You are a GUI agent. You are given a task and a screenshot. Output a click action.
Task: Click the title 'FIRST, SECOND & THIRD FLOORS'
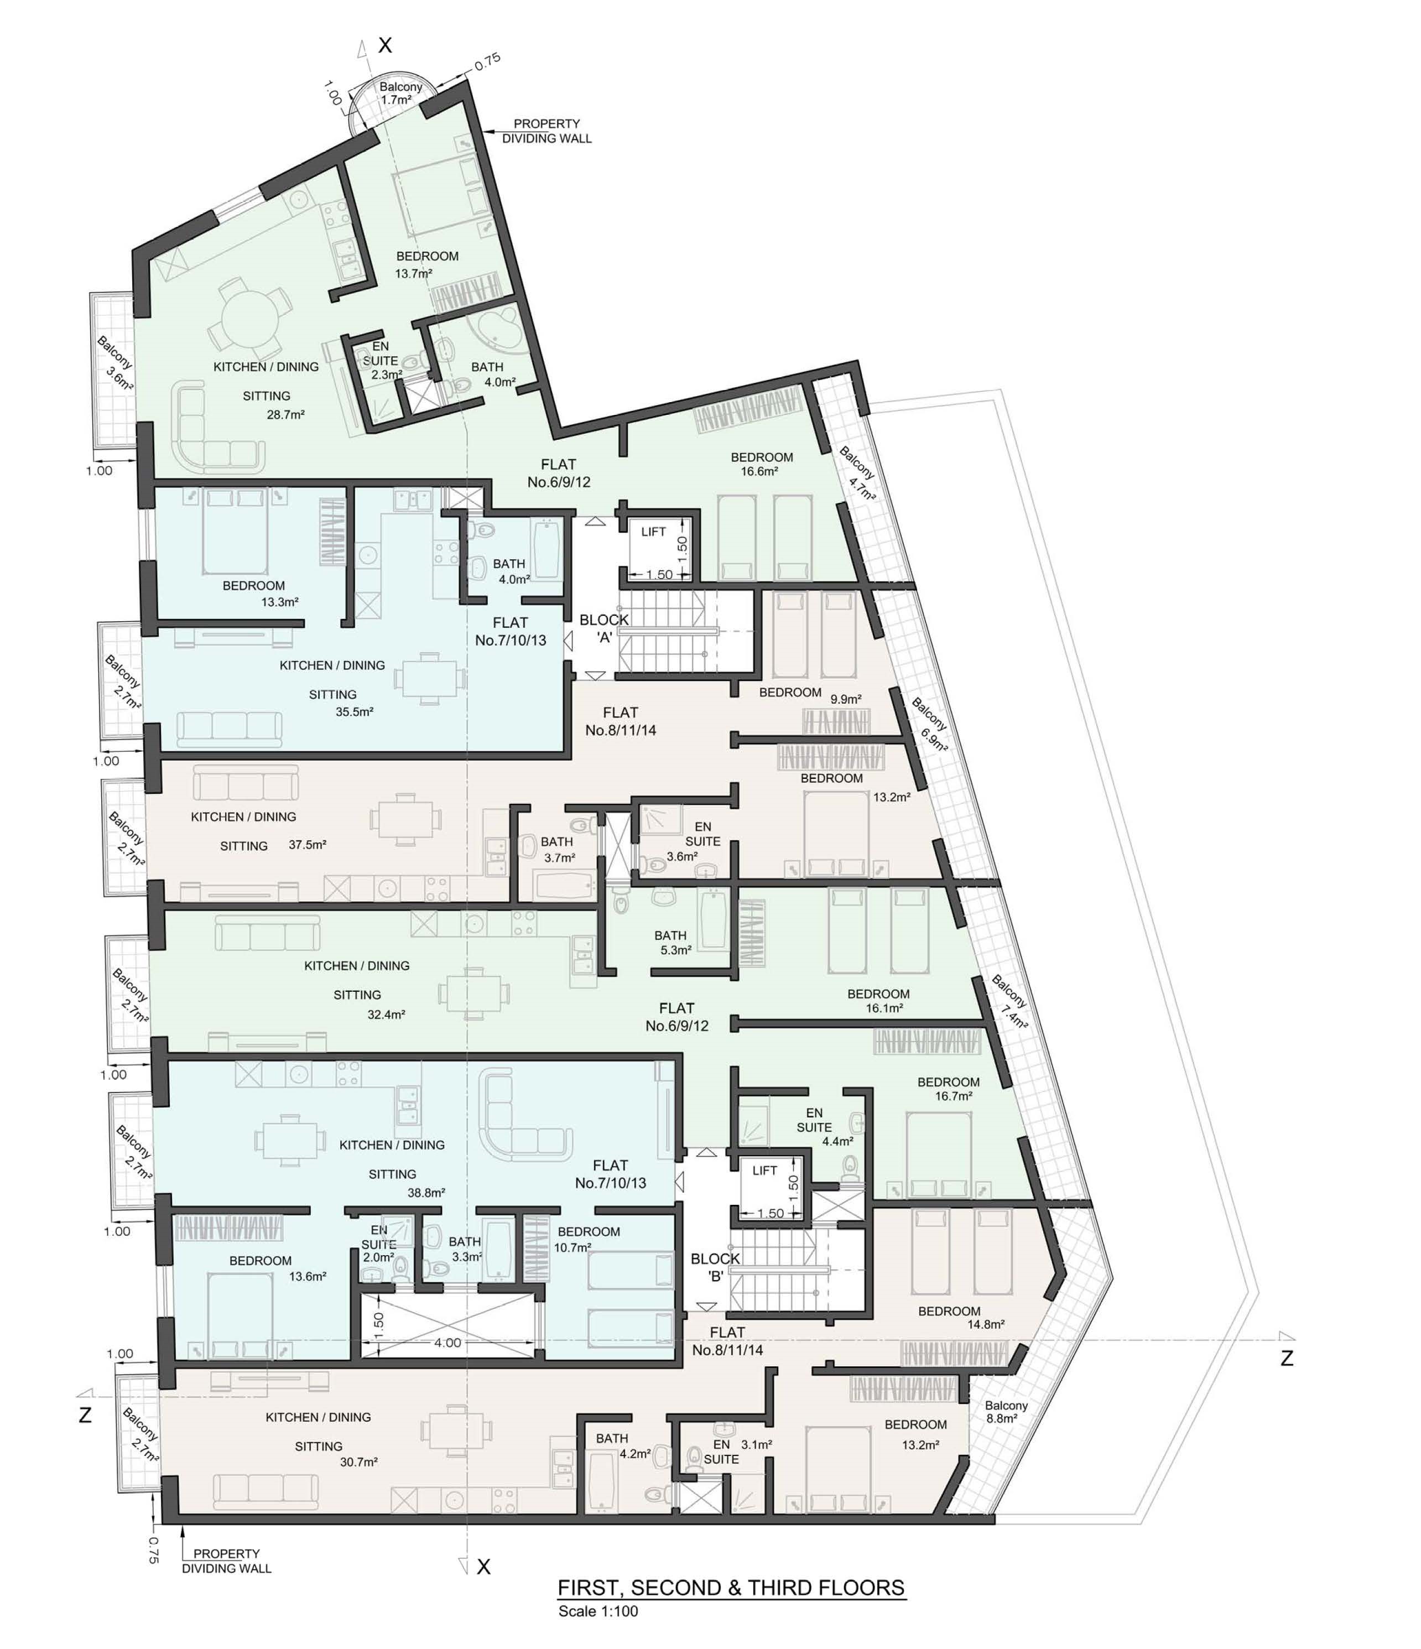point(730,1587)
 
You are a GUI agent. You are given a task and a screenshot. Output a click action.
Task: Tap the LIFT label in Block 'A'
point(653,532)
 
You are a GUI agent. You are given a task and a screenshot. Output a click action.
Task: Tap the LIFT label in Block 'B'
point(764,1171)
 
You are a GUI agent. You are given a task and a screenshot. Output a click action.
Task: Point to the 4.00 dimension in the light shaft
point(447,1343)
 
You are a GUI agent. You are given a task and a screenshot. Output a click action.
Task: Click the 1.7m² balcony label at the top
point(396,100)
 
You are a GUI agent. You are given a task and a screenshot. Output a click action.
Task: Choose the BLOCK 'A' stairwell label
point(604,628)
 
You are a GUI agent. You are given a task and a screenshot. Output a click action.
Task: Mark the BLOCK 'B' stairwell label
point(715,1267)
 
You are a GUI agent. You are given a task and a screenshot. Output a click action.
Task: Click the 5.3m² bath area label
point(675,949)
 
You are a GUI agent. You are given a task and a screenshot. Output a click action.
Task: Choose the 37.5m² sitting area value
point(307,844)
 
